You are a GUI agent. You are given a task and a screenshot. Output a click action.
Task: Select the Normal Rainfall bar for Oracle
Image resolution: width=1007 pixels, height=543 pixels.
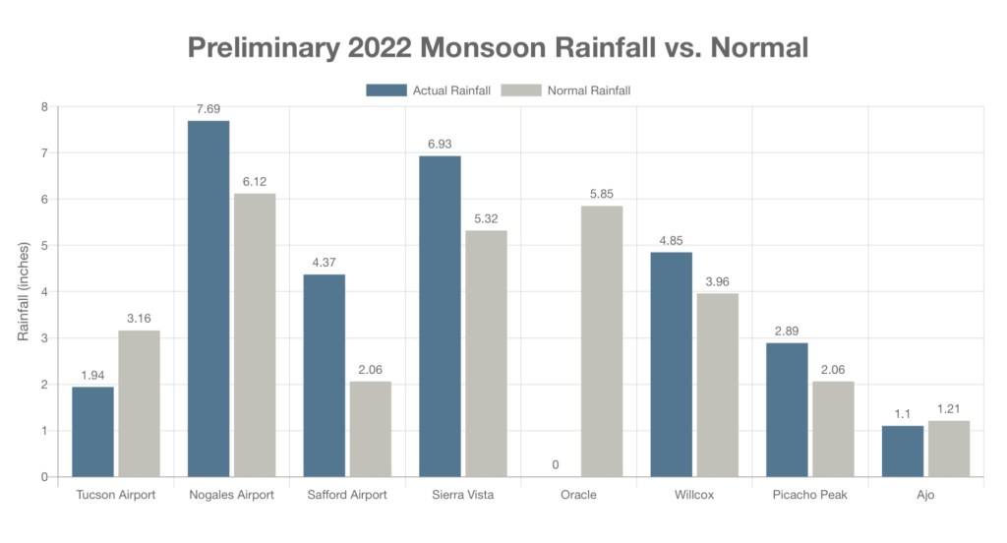tap(602, 340)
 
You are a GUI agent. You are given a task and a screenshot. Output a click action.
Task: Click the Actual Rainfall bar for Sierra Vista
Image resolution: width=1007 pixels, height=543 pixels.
tap(440, 316)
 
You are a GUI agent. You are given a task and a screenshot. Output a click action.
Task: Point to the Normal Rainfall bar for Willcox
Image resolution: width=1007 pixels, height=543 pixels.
tap(718, 385)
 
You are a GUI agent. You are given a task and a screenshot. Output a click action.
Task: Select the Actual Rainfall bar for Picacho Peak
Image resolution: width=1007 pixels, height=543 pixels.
tap(787, 409)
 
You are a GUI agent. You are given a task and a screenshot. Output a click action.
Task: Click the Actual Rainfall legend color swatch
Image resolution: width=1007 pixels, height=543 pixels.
tap(386, 90)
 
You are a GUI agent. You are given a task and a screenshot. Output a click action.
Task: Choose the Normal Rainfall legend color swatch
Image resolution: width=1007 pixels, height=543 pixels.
tap(521, 90)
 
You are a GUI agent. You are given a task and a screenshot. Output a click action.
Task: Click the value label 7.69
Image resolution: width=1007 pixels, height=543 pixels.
tap(208, 108)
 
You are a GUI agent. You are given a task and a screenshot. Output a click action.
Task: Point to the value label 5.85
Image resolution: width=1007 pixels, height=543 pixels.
tap(602, 194)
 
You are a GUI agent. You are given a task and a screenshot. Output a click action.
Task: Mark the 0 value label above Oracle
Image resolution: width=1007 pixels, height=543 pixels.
tap(556, 464)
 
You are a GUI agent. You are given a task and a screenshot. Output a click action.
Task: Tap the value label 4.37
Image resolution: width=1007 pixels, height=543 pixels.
tap(324, 262)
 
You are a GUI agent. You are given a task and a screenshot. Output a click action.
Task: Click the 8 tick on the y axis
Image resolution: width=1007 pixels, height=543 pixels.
tap(43, 106)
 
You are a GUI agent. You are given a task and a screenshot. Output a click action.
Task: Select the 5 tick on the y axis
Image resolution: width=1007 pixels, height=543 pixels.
tap(43, 246)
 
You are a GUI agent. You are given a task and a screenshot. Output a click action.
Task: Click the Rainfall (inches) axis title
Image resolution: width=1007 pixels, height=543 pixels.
tap(24, 292)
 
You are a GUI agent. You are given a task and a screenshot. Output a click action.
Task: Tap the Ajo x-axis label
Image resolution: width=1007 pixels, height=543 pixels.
tap(925, 495)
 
